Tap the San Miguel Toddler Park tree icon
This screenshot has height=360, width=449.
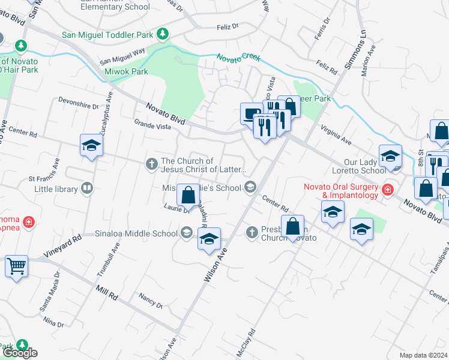pos(163,34)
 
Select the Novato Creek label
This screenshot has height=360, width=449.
pos(238,58)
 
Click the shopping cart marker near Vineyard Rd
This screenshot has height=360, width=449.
pos(17,265)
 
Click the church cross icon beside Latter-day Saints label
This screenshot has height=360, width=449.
pos(151,163)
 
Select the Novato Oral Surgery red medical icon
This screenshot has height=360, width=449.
pos(388,190)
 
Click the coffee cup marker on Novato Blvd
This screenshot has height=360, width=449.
pos(250,113)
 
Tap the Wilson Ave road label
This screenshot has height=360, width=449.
pos(217,266)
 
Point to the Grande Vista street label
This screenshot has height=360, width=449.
pos(152,125)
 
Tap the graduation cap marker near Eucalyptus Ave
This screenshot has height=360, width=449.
pos(91,145)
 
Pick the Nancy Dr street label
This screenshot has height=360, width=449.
pos(150,301)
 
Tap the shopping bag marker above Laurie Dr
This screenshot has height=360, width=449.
pos(188,194)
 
